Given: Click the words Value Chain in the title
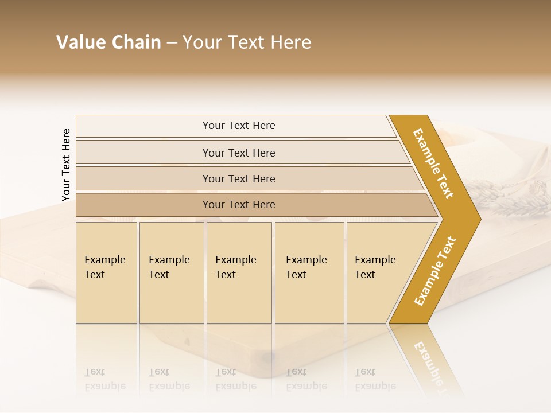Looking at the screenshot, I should click(108, 42).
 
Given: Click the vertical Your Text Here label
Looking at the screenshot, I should click(66, 165).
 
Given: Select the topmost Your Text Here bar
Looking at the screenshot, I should click(239, 126).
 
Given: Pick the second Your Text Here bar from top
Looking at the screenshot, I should click(239, 153).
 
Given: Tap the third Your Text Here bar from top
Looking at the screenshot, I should click(239, 178).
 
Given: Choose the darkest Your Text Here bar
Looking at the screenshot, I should click(239, 205).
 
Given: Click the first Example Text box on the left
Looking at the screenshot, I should click(106, 272).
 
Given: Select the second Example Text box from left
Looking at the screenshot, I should click(172, 272).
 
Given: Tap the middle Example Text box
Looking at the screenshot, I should click(239, 272).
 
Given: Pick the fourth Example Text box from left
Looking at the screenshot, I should click(309, 272).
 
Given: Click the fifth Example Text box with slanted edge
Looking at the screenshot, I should click(379, 272).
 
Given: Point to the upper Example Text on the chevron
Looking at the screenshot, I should click(433, 163).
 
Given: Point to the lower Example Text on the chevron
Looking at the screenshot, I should click(434, 271).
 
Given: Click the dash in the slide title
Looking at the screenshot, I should click(172, 43).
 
